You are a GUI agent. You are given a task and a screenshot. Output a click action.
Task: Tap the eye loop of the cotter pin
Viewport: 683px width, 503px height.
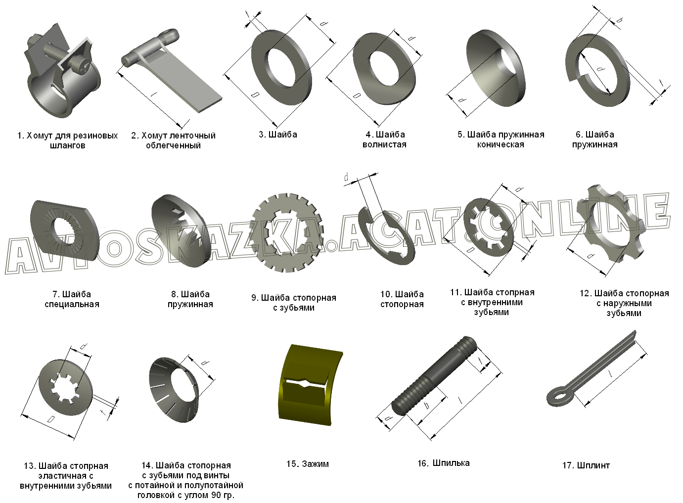click(559, 396)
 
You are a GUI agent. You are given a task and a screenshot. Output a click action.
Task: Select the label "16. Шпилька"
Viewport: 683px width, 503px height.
click(443, 463)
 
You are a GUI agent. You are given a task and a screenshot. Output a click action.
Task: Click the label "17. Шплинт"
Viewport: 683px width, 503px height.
click(586, 465)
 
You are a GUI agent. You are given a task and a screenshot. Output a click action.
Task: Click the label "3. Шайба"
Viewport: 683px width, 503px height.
click(277, 134)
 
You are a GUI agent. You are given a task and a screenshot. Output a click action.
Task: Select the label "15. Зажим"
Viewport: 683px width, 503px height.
click(307, 463)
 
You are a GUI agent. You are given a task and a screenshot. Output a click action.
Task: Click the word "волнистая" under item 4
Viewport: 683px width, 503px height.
click(384, 144)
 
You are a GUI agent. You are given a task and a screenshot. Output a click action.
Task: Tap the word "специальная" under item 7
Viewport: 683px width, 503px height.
click(72, 304)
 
